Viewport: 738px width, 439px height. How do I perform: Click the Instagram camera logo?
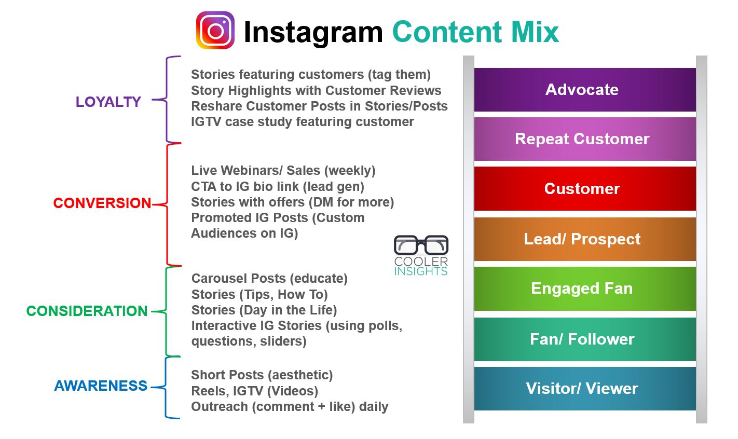coord(215,30)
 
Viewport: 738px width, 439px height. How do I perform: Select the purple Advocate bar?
coord(585,90)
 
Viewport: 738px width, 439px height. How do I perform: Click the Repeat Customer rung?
coord(585,139)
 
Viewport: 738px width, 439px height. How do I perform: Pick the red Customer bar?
coord(585,189)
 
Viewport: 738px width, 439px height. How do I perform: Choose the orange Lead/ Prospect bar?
coord(585,239)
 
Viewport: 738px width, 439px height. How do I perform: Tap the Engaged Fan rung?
coord(585,289)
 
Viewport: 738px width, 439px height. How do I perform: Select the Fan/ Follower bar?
coord(585,339)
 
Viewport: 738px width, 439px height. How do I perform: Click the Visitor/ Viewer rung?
coord(585,389)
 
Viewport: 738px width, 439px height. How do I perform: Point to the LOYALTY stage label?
coord(108,102)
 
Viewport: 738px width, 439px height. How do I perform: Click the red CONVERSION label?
coord(102,203)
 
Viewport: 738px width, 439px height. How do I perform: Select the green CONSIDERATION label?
coord(87,311)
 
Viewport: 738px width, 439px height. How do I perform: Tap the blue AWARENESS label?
coord(101,386)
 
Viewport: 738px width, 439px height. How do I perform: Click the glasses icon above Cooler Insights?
coord(421,245)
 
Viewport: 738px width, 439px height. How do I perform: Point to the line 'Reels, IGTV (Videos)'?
coord(255,391)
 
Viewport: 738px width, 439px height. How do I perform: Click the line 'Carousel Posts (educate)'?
coord(269,279)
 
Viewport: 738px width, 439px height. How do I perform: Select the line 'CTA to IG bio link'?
coord(278,187)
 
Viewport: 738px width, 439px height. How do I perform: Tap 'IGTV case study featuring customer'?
coord(303,122)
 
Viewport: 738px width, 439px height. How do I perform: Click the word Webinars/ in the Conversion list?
coord(252,171)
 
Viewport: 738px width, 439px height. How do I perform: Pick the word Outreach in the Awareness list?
coord(220,407)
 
